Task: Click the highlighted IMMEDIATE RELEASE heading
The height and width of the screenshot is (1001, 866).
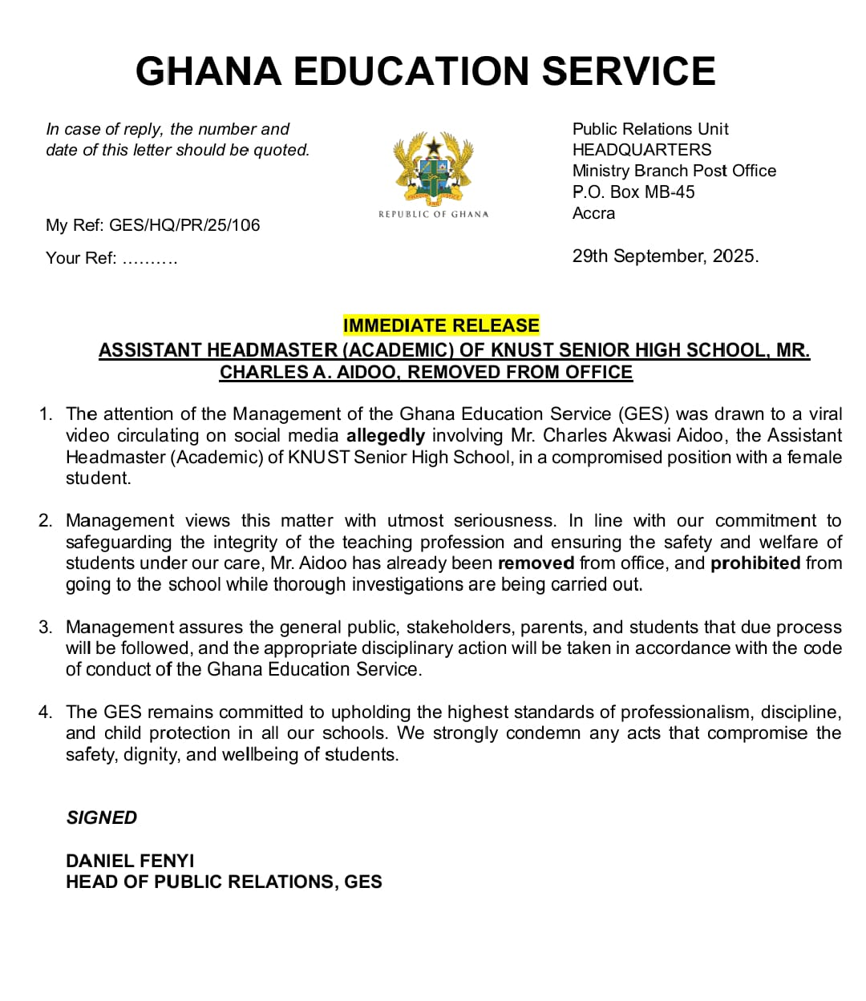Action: pos(441,325)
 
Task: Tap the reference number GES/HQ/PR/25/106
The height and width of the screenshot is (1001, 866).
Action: pos(184,225)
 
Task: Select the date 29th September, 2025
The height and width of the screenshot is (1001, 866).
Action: pos(665,256)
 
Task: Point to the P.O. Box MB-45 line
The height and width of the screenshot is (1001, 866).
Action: pos(633,192)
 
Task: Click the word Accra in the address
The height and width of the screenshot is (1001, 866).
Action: pos(593,213)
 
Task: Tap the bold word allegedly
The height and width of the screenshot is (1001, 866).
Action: pos(386,436)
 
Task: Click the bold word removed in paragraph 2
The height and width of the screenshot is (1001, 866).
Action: pos(536,563)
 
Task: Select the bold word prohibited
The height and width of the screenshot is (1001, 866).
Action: pos(755,563)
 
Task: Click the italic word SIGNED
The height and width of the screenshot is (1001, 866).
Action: pos(102,817)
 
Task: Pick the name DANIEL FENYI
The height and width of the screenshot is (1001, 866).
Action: pos(130,861)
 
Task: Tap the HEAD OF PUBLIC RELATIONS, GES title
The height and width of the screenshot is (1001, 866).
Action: pos(224,882)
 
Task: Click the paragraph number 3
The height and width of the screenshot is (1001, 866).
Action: pos(46,627)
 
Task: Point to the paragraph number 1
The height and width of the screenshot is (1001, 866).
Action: pos(46,414)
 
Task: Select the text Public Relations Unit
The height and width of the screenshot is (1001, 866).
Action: pos(650,129)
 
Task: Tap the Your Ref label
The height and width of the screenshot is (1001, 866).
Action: pos(81,258)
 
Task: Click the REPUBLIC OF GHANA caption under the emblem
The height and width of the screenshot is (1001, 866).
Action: pos(433,214)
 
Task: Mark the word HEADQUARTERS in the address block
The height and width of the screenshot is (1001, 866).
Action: pos(641,150)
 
